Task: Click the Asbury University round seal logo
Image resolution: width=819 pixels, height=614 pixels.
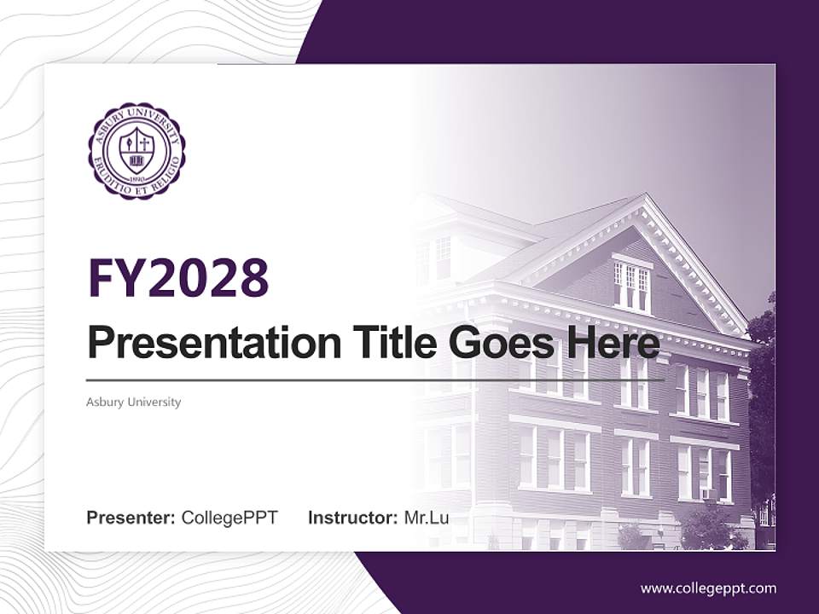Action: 136,151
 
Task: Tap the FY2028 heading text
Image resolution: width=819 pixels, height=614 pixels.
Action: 178,277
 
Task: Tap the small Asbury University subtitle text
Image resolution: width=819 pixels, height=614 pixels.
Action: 133,402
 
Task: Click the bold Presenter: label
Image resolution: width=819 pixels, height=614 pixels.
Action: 131,518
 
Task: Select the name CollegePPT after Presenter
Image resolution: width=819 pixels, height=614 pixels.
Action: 229,518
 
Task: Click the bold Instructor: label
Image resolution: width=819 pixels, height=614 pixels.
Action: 352,518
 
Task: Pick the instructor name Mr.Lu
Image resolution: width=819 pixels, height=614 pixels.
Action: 426,518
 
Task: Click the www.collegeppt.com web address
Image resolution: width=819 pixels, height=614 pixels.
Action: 708,588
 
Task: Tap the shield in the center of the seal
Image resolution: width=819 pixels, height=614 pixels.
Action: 136,150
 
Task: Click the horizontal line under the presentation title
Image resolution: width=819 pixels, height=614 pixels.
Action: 375,380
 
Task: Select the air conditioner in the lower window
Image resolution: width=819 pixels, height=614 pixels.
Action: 706,494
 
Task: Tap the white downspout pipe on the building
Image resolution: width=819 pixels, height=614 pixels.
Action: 474,443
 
